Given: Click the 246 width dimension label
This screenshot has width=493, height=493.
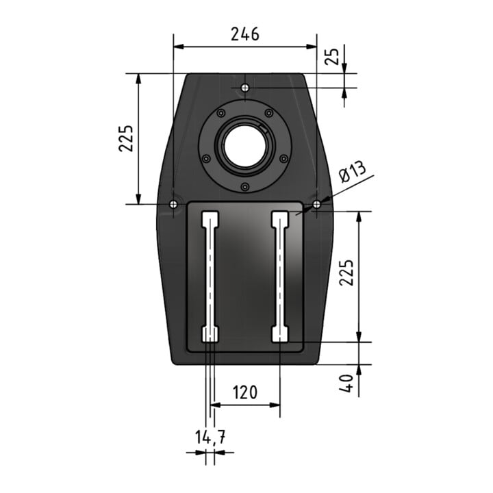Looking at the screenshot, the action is click(x=245, y=34).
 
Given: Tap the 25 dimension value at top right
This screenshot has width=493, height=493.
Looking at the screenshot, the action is click(x=332, y=57).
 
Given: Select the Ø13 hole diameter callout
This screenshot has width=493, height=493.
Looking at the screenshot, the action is click(x=353, y=172).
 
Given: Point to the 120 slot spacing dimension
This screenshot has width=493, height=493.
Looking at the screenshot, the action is click(x=245, y=392).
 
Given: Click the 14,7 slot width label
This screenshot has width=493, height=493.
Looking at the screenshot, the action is click(x=210, y=438).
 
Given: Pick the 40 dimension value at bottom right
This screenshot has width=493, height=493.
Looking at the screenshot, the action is click(x=346, y=383).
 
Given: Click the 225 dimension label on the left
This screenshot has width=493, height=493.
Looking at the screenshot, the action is click(x=126, y=138).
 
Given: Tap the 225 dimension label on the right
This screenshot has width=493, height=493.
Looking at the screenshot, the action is click(x=346, y=273).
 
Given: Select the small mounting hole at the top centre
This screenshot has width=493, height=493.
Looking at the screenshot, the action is click(x=245, y=88).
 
